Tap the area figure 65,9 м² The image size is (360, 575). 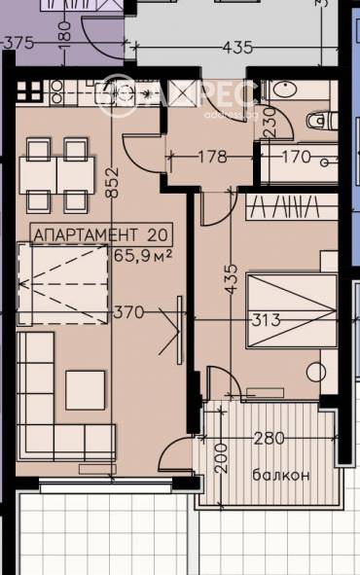click(143, 257)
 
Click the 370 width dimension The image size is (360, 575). click(128, 312)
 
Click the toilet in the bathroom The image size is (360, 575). click(317, 120)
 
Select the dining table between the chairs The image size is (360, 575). click(57, 175)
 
